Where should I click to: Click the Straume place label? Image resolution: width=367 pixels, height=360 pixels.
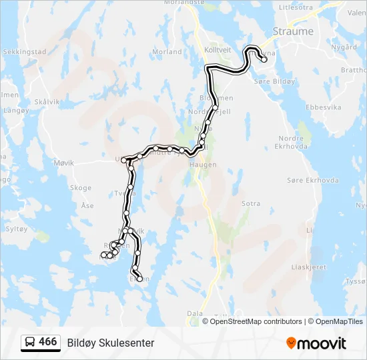click(x=293, y=31)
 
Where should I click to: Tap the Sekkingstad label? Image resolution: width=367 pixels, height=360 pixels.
click(x=24, y=51)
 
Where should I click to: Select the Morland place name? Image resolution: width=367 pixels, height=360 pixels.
click(x=167, y=51)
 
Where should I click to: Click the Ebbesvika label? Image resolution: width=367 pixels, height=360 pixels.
click(x=323, y=107)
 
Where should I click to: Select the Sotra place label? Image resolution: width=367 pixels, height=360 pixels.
click(x=251, y=203)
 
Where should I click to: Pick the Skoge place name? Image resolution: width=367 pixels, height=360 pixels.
click(x=81, y=188)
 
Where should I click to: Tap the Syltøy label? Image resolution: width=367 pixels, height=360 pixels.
click(x=16, y=228)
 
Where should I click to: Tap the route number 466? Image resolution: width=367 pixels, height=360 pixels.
click(x=48, y=342)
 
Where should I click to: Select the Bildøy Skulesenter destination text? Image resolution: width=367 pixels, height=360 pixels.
click(x=111, y=343)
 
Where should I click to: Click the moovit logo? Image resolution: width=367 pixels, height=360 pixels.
click(x=316, y=343)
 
